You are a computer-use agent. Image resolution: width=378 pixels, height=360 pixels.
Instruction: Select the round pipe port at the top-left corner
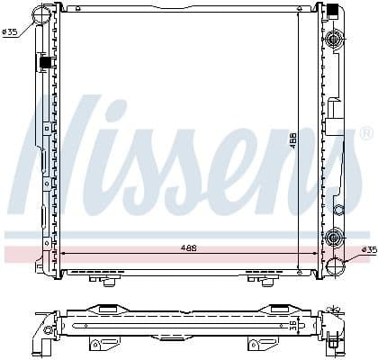pyautogui.click(x=41, y=13)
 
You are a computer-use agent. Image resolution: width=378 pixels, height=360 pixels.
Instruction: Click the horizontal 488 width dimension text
pyautogui.click(x=187, y=247)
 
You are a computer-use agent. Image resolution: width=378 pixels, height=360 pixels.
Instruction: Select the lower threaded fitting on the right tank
pyautogui.click(x=336, y=238)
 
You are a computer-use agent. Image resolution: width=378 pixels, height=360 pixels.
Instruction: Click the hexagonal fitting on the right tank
pyautogui.click(x=338, y=210)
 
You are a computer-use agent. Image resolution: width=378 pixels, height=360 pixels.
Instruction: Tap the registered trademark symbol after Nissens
pyautogui.click(x=364, y=134)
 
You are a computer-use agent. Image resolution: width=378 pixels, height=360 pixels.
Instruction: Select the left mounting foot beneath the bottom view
pyautogui.click(x=100, y=343)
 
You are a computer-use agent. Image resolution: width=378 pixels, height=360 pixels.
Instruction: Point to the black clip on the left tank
pyautogui.click(x=43, y=63)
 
